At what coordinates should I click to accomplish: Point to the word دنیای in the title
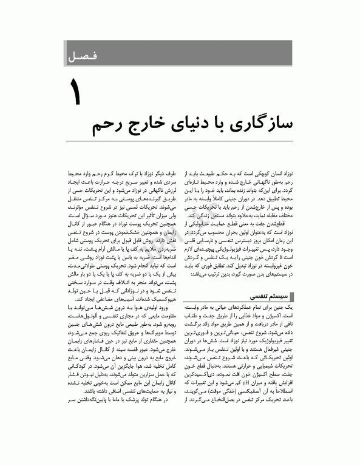(195, 127)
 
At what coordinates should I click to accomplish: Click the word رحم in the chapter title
(109, 127)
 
